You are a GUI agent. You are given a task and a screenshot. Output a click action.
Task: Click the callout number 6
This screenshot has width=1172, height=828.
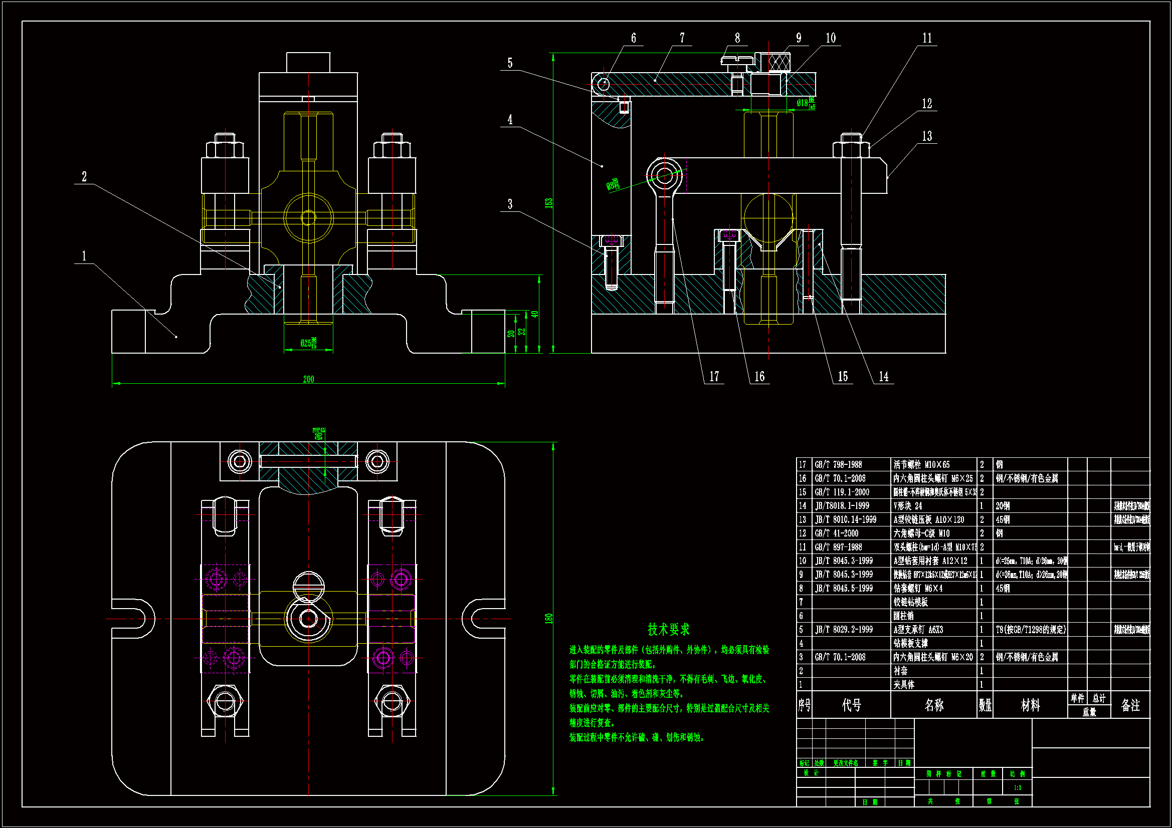(633, 38)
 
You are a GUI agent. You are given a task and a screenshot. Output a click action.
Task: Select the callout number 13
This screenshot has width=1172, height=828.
(927, 136)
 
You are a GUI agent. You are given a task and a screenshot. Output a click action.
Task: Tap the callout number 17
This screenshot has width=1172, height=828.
(714, 377)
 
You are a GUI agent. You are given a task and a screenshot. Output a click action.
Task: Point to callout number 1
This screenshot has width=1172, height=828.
(84, 255)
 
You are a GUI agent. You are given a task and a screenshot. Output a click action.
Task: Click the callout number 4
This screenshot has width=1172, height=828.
(510, 119)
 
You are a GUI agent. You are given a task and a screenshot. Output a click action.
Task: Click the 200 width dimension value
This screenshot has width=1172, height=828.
(308, 379)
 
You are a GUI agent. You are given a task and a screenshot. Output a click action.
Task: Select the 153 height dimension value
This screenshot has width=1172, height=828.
(549, 202)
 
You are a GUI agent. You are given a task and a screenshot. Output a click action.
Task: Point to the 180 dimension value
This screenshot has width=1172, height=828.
(549, 618)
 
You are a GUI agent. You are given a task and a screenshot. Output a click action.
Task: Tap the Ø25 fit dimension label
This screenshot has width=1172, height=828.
(308, 343)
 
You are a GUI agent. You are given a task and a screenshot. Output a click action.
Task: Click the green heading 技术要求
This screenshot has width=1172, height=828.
(668, 629)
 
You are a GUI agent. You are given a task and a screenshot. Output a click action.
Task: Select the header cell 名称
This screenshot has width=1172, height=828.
(933, 705)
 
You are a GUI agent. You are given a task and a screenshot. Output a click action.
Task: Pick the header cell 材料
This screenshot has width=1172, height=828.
(1030, 705)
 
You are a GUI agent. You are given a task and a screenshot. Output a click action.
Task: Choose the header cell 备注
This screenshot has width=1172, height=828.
(1130, 705)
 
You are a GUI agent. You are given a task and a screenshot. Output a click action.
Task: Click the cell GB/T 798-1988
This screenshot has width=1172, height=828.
(838, 465)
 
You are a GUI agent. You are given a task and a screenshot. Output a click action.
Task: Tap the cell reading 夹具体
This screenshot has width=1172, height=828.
(903, 685)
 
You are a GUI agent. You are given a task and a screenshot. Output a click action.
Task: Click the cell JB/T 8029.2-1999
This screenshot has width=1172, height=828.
(842, 630)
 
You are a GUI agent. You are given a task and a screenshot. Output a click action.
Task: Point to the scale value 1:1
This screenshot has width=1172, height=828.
(1017, 788)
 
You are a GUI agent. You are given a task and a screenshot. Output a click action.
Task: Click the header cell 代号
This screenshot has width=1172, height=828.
(851, 705)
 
